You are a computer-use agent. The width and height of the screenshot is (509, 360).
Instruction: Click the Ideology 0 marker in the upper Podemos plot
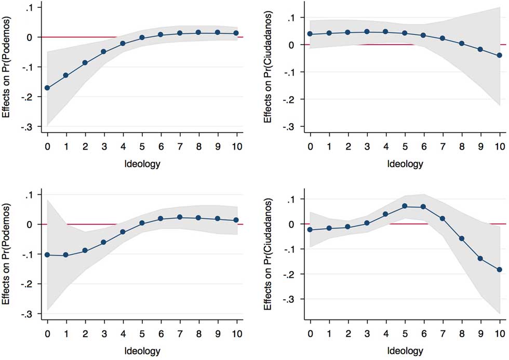pos(47,88)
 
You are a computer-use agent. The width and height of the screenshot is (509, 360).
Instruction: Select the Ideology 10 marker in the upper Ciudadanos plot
pos(500,55)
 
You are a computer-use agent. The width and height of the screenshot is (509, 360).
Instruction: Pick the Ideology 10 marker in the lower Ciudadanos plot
pos(500,270)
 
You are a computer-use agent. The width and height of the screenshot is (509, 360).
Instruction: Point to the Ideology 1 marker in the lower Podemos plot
pos(66,255)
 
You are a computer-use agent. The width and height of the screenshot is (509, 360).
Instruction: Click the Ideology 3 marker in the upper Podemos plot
pos(104,51)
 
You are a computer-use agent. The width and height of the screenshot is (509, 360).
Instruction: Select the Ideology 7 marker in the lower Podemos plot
pos(179,217)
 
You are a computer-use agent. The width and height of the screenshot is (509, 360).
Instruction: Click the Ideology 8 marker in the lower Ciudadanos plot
pos(462,238)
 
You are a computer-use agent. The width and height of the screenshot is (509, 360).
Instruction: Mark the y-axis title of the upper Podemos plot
pos(8,67)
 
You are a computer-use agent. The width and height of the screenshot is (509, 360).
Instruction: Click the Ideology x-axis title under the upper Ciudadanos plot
pos(405,164)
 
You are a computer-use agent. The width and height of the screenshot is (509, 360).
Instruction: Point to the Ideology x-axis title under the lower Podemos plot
pos(142,352)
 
